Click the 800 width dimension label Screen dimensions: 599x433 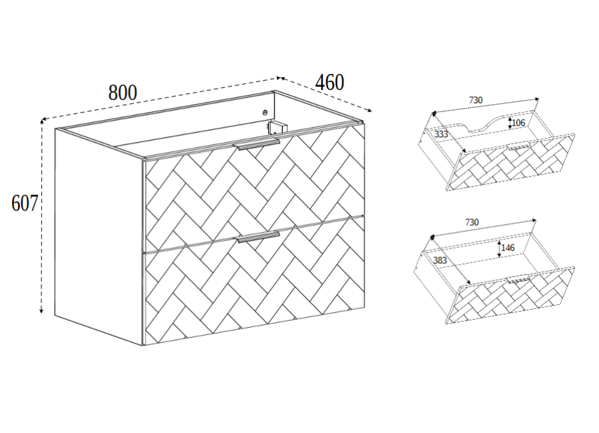click(122, 93)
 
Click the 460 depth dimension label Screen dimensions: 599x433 click(329, 82)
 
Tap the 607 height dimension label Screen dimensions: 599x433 click(25, 203)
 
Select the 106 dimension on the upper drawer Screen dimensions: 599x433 click(518, 123)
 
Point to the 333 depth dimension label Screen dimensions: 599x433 click(441, 135)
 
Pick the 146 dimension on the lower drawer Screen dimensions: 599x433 click(508, 248)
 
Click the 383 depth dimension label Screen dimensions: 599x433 click(440, 260)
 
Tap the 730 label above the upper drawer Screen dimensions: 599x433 click(476, 100)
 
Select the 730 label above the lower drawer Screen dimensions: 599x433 click(472, 222)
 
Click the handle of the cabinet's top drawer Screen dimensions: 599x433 click(259, 145)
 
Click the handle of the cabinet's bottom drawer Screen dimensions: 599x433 click(259, 236)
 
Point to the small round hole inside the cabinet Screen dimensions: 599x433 click(265, 112)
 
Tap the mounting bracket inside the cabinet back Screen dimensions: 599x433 click(277, 127)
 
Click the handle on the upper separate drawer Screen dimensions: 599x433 click(518, 147)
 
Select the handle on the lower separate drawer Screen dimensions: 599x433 click(518, 280)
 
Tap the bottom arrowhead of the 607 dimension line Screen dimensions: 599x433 click(41, 310)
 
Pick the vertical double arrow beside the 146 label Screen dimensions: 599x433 click(499, 248)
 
